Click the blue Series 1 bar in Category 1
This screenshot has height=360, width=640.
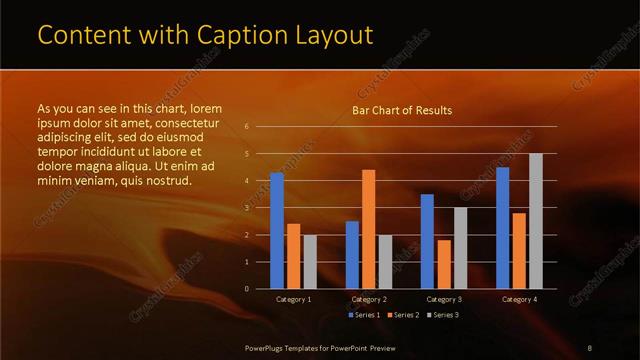277,231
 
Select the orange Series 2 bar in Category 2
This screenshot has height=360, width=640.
369,229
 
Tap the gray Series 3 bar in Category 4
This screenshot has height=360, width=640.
535,221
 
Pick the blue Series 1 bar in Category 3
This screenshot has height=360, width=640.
427,241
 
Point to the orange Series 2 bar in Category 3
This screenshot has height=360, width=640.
443,264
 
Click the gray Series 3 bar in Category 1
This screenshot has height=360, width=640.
310,262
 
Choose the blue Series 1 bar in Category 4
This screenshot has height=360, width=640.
502,228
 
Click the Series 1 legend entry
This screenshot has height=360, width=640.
364,315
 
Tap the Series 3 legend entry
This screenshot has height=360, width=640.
443,315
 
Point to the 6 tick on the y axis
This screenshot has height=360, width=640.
247,127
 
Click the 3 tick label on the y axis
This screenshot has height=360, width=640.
247,208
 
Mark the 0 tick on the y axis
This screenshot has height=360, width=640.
247,289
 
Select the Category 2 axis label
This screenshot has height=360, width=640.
369,299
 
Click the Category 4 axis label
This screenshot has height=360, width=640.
518,299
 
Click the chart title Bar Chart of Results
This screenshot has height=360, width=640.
402,110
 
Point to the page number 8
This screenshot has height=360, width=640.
590,346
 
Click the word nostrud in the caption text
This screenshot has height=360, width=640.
166,181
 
